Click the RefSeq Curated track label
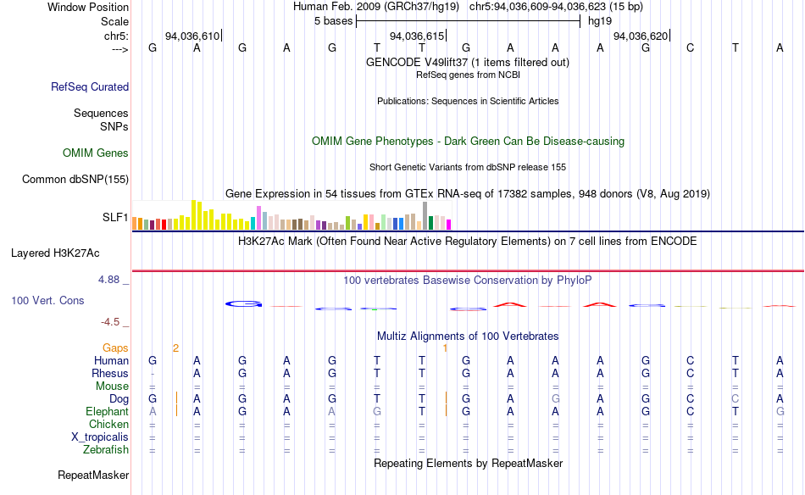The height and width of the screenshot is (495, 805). tap(89, 86)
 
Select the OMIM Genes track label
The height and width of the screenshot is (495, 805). tap(95, 153)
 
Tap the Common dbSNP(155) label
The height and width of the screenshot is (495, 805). tap(75, 179)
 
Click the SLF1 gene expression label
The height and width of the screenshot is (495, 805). tap(115, 218)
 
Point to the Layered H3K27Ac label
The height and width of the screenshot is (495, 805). tap(55, 253)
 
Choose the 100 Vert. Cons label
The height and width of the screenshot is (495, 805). tap(47, 300)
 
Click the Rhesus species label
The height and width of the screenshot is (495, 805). tap(110, 373)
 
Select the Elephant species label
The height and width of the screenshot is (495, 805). tap(107, 411)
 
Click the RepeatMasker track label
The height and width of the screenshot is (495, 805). tap(93, 476)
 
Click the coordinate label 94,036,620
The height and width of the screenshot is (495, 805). tap(641, 36)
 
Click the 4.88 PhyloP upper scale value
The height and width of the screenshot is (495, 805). tap(113, 278)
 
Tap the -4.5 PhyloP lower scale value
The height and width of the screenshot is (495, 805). tap(113, 322)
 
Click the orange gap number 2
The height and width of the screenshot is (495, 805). tap(175, 348)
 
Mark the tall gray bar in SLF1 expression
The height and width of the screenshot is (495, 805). tap(425, 215)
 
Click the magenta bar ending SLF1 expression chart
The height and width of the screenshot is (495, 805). tap(449, 225)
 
